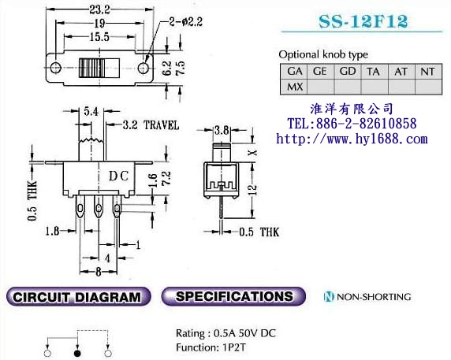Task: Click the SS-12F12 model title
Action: (363, 22)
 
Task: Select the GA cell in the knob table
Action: (295, 71)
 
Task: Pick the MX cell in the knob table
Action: (295, 87)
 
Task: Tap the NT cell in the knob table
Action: (427, 71)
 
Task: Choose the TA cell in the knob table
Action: (374, 71)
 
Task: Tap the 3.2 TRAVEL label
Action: (151, 125)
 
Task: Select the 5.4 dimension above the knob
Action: (91, 113)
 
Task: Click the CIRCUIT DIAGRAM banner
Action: (76, 297)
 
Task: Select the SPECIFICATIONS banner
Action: (233, 297)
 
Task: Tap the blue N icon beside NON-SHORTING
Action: (329, 297)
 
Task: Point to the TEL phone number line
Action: (352, 124)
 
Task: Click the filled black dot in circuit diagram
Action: (76, 345)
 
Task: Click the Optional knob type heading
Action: (323, 54)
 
